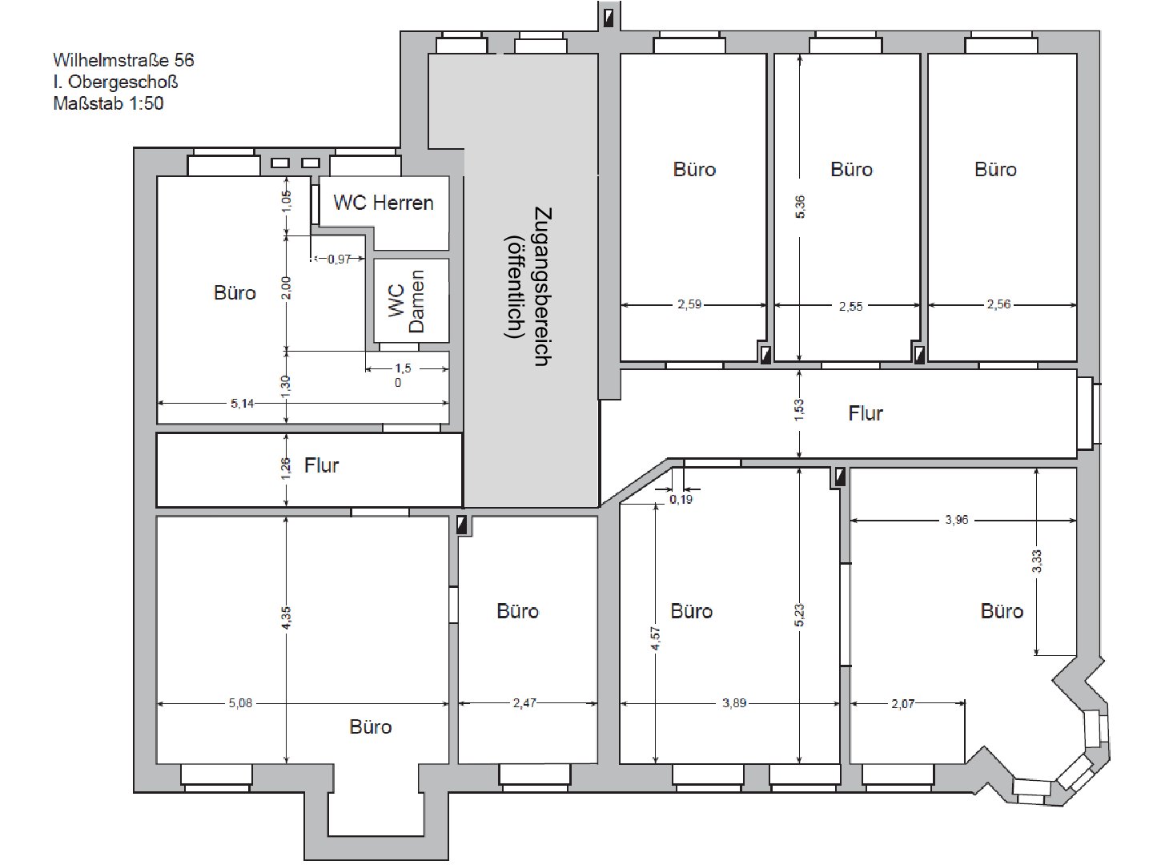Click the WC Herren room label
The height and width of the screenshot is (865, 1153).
point(384,203)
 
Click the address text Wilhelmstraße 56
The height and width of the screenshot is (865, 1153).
point(123,60)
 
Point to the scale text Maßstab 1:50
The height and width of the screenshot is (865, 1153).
point(108,103)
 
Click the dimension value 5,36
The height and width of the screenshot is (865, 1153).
point(800,207)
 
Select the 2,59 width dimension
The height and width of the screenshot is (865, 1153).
point(689,304)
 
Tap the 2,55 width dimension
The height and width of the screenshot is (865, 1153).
point(850,307)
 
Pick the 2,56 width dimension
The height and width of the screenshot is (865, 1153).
point(998,304)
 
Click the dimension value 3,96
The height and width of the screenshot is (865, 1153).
point(957,520)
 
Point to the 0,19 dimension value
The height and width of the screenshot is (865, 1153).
point(681,500)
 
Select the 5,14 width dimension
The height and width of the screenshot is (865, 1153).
point(242,404)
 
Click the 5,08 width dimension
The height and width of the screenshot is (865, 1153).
point(240,703)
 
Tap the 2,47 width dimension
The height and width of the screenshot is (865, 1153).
point(524,703)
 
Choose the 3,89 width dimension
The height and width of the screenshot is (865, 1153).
point(734,703)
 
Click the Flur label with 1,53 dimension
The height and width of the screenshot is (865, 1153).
point(866,413)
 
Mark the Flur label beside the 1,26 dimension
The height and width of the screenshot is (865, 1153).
point(321,465)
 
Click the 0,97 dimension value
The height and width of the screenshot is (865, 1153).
point(339,259)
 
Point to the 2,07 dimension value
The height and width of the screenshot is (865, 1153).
point(903,704)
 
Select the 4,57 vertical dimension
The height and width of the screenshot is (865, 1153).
point(656,638)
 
